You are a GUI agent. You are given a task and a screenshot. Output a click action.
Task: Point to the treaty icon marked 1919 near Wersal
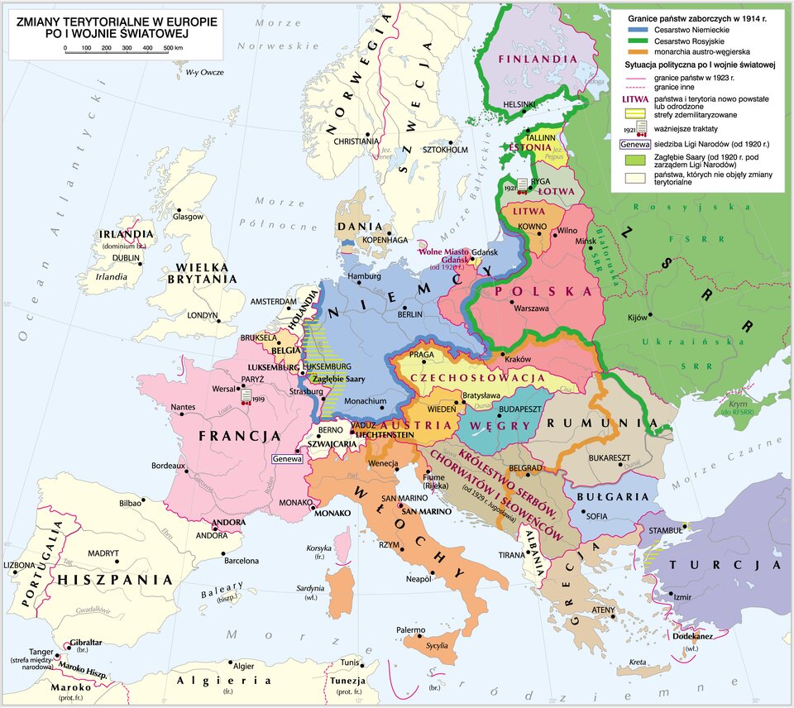point(246,396)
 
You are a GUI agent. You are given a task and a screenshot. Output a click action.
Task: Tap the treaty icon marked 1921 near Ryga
point(522,185)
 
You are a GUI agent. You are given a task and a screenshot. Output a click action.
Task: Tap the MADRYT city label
point(103,553)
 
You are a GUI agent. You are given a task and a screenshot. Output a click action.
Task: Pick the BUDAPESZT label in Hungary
point(497,409)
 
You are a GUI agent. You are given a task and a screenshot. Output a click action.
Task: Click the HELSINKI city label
point(519,104)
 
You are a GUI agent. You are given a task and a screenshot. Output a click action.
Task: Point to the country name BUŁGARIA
point(612,497)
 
